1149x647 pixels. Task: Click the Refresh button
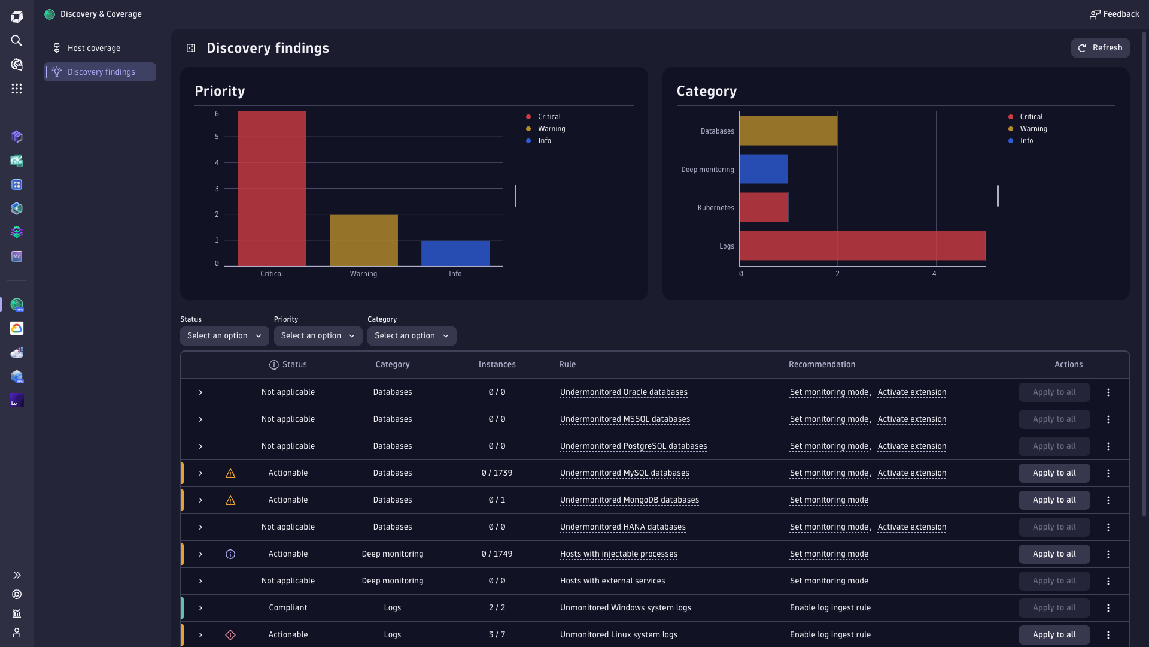tap(1100, 48)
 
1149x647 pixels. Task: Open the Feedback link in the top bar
tap(1114, 14)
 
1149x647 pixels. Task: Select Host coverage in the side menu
tap(94, 48)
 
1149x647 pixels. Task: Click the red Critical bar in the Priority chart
tap(272, 189)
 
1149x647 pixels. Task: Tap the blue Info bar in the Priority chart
tap(455, 253)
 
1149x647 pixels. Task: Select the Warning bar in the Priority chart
tap(363, 240)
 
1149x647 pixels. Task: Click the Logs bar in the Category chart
tap(862, 246)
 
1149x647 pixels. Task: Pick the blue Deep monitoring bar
tap(763, 169)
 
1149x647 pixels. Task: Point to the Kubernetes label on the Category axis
tap(715, 208)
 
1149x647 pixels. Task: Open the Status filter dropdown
tap(224, 336)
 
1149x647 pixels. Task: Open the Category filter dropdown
tap(412, 336)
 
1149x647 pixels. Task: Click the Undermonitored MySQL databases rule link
tap(624, 473)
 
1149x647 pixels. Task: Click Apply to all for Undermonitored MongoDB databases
tap(1054, 500)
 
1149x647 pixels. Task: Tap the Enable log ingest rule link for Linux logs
tap(830, 635)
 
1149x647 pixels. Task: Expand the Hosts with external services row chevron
tap(200, 581)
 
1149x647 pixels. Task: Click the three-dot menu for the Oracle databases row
tap(1108, 392)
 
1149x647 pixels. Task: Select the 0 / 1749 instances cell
tap(497, 554)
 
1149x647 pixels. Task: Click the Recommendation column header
tap(822, 364)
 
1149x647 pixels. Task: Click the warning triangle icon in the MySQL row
tap(230, 474)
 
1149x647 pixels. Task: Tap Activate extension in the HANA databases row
tap(911, 527)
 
